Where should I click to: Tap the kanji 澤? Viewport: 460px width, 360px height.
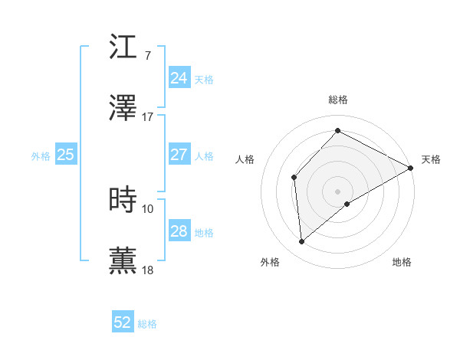[123, 109]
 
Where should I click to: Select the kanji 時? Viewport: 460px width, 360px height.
[123, 199]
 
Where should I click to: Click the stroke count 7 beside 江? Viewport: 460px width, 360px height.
[147, 55]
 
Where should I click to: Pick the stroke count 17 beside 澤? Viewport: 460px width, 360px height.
[148, 118]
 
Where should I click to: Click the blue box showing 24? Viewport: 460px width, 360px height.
[179, 78]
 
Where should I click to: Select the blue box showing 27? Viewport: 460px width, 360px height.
[179, 155]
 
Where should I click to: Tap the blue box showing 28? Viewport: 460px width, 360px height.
[179, 231]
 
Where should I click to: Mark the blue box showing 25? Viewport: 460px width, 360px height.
[65, 155]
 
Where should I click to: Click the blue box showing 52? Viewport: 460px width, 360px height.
[123, 323]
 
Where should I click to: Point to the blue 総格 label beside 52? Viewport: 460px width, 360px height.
[147, 324]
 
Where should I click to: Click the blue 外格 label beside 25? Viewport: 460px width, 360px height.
[41, 155]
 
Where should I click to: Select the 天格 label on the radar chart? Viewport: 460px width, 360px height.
[431, 159]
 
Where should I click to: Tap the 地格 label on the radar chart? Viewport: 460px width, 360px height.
[402, 262]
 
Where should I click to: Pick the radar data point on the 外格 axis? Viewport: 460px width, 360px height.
[302, 242]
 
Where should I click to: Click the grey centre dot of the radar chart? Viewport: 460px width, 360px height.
[337, 191]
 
